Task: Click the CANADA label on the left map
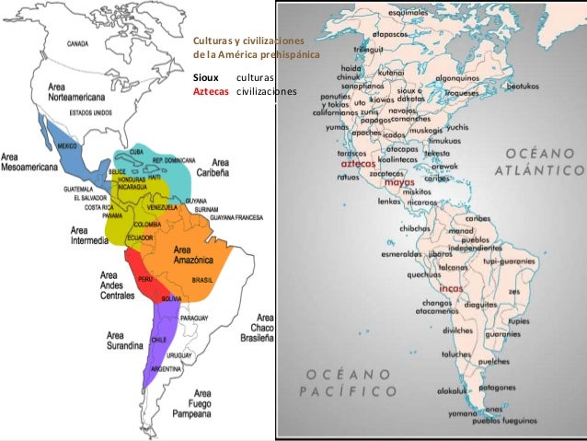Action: point(77,43)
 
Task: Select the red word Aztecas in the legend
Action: point(210,92)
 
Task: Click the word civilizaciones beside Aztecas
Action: point(267,92)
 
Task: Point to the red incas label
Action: point(451,288)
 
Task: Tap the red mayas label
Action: point(400,182)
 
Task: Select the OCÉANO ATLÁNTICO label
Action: point(538,161)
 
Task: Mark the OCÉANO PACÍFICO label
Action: point(352,382)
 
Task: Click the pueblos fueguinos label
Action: point(504,419)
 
